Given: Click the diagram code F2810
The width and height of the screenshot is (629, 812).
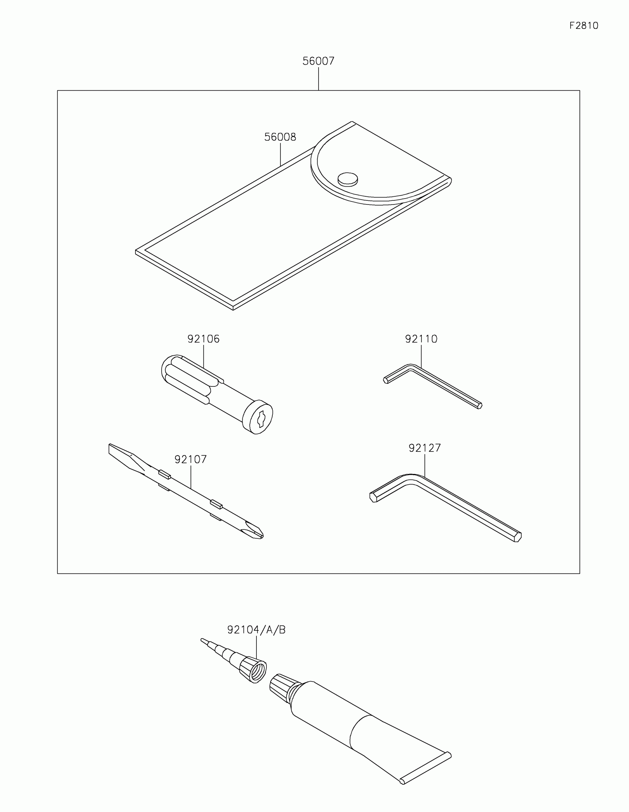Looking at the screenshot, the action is [583, 26].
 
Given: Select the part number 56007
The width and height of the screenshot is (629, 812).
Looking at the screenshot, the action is [319, 61].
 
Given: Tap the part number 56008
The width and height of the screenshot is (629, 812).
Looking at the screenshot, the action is [280, 137].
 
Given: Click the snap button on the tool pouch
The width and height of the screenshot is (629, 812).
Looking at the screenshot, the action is [348, 179].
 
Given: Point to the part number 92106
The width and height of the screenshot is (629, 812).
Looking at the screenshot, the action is [203, 339].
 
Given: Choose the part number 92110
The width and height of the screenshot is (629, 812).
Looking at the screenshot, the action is [421, 339].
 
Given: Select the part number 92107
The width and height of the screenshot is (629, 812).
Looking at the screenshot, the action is [191, 460].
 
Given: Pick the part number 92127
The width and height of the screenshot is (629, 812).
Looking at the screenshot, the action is [424, 448].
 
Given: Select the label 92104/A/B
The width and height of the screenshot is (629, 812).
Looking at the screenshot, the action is [256, 630].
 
